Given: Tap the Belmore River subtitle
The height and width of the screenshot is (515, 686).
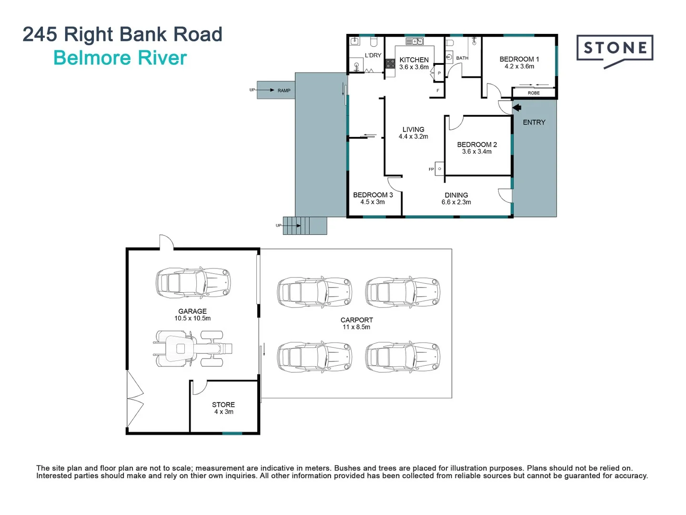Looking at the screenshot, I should coord(120,58).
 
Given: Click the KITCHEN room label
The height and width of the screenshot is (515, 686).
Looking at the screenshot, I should coord(414,60).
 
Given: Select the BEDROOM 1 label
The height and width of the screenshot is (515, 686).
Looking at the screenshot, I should coord(519,59).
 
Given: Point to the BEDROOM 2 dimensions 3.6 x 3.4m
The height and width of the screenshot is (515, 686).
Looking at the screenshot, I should coord(476,152).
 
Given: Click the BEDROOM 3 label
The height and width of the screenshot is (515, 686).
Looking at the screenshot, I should coord(373,195).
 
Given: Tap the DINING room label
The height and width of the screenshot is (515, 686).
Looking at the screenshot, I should coord(456,195).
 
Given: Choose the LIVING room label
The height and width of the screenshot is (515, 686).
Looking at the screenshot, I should coord(413,129).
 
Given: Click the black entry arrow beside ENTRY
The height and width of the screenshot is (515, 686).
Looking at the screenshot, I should coord(516,108).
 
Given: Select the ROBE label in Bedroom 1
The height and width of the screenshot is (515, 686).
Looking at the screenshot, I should coord(534,93).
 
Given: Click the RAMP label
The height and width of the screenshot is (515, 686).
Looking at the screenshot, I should coord(284,91).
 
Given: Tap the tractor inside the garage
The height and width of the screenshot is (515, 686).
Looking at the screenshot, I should coord(193,349).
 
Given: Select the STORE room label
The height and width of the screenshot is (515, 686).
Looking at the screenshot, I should coord(223,404).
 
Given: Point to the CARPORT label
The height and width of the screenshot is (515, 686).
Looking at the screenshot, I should coord(356,320).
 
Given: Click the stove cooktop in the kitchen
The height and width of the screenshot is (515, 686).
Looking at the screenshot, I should coord(390,64).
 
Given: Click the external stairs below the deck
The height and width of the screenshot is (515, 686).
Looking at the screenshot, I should coord(305,226).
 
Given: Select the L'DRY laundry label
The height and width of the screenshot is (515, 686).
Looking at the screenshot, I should coord(373,55).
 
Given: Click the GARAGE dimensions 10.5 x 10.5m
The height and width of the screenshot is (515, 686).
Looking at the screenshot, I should coord(192,319).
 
